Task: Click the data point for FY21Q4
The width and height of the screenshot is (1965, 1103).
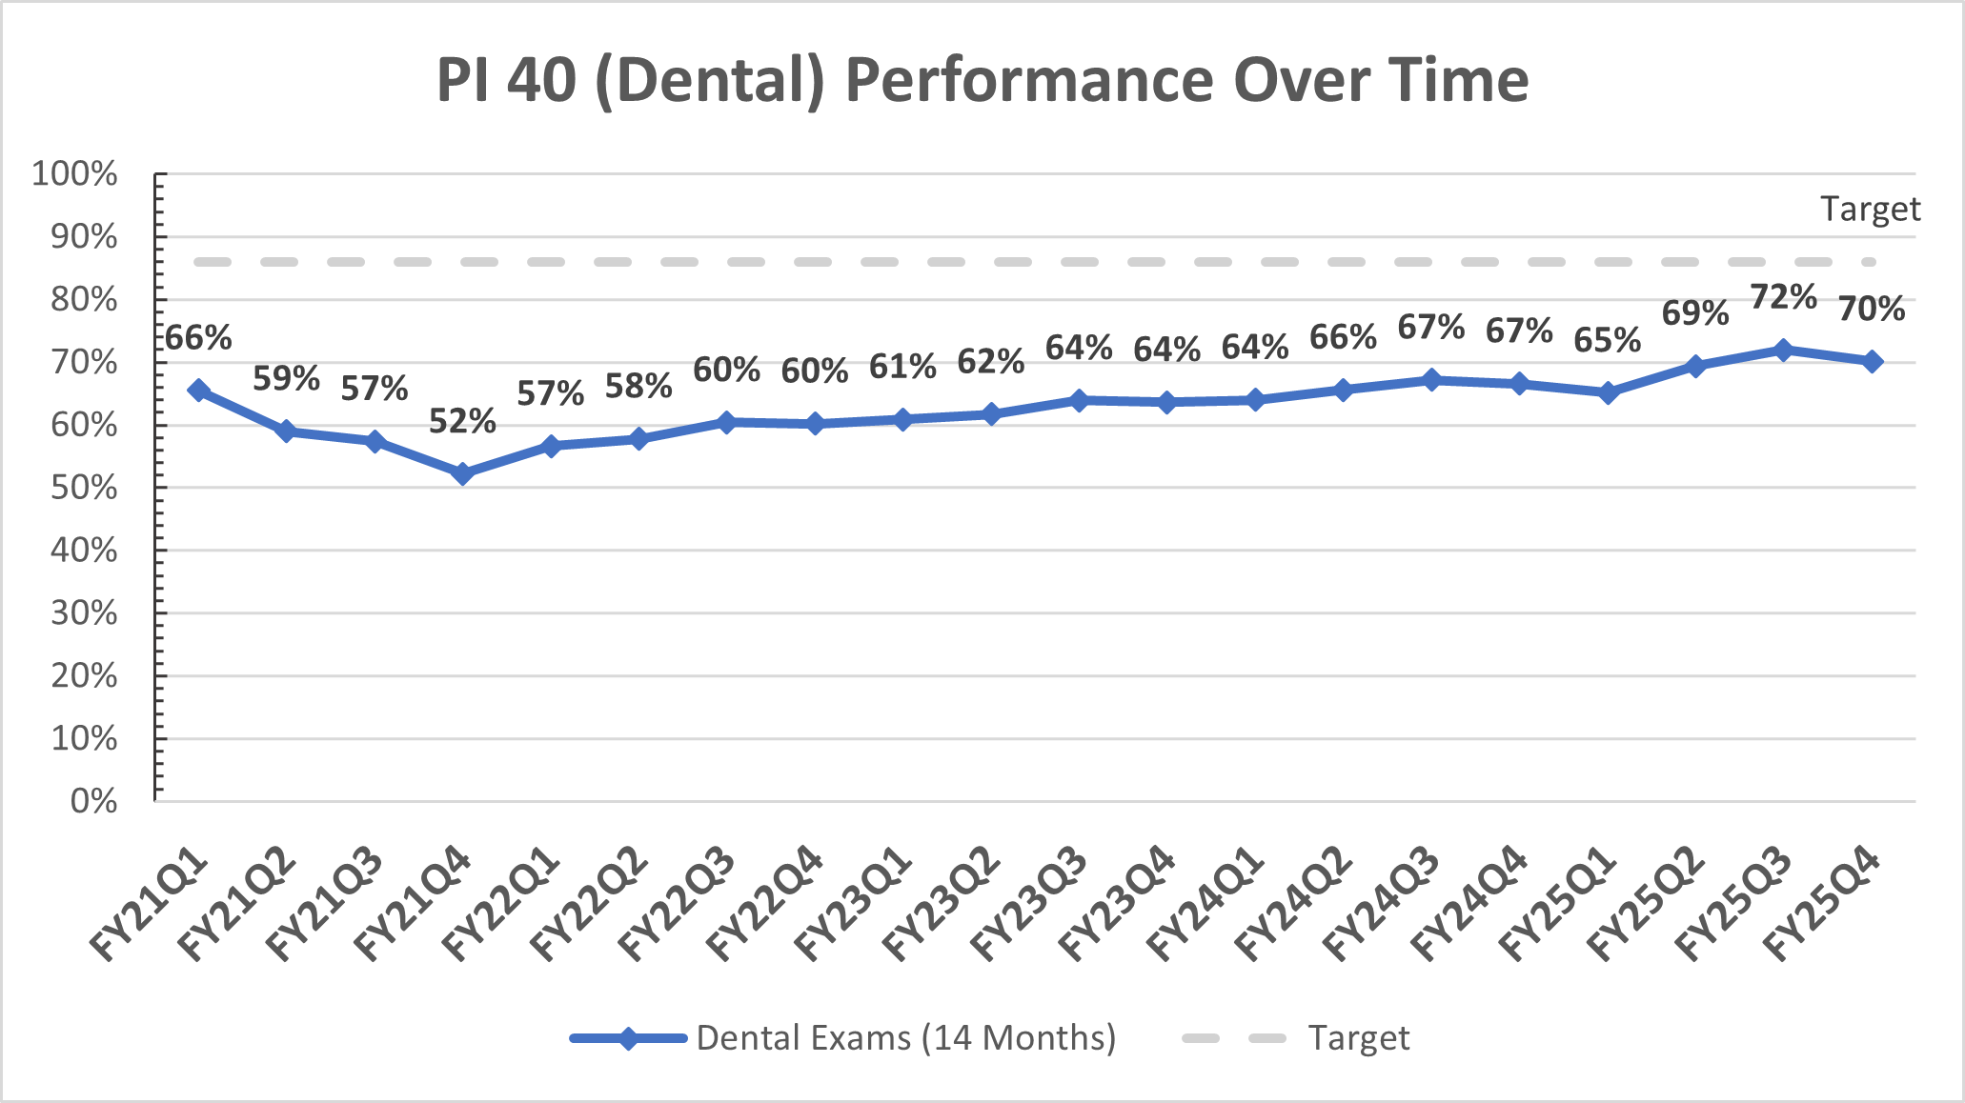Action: point(463,473)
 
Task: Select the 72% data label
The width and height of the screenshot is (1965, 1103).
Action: point(1783,297)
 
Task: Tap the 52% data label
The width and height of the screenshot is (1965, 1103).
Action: point(462,421)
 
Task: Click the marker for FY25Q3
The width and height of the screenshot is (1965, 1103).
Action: point(1783,350)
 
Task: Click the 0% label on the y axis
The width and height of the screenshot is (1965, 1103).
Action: point(94,801)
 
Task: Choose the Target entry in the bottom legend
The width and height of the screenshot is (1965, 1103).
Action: point(1358,1037)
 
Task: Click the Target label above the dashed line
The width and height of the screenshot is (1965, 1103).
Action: point(1870,210)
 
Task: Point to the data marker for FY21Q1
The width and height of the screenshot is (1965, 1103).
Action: point(199,390)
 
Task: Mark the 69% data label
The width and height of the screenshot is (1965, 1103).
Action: point(1695,312)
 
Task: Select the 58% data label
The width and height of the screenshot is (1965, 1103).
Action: point(638,387)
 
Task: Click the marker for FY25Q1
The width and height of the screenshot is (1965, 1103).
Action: point(1608,392)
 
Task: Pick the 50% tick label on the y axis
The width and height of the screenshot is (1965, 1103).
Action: point(85,488)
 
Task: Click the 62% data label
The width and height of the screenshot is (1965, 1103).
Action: point(991,362)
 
